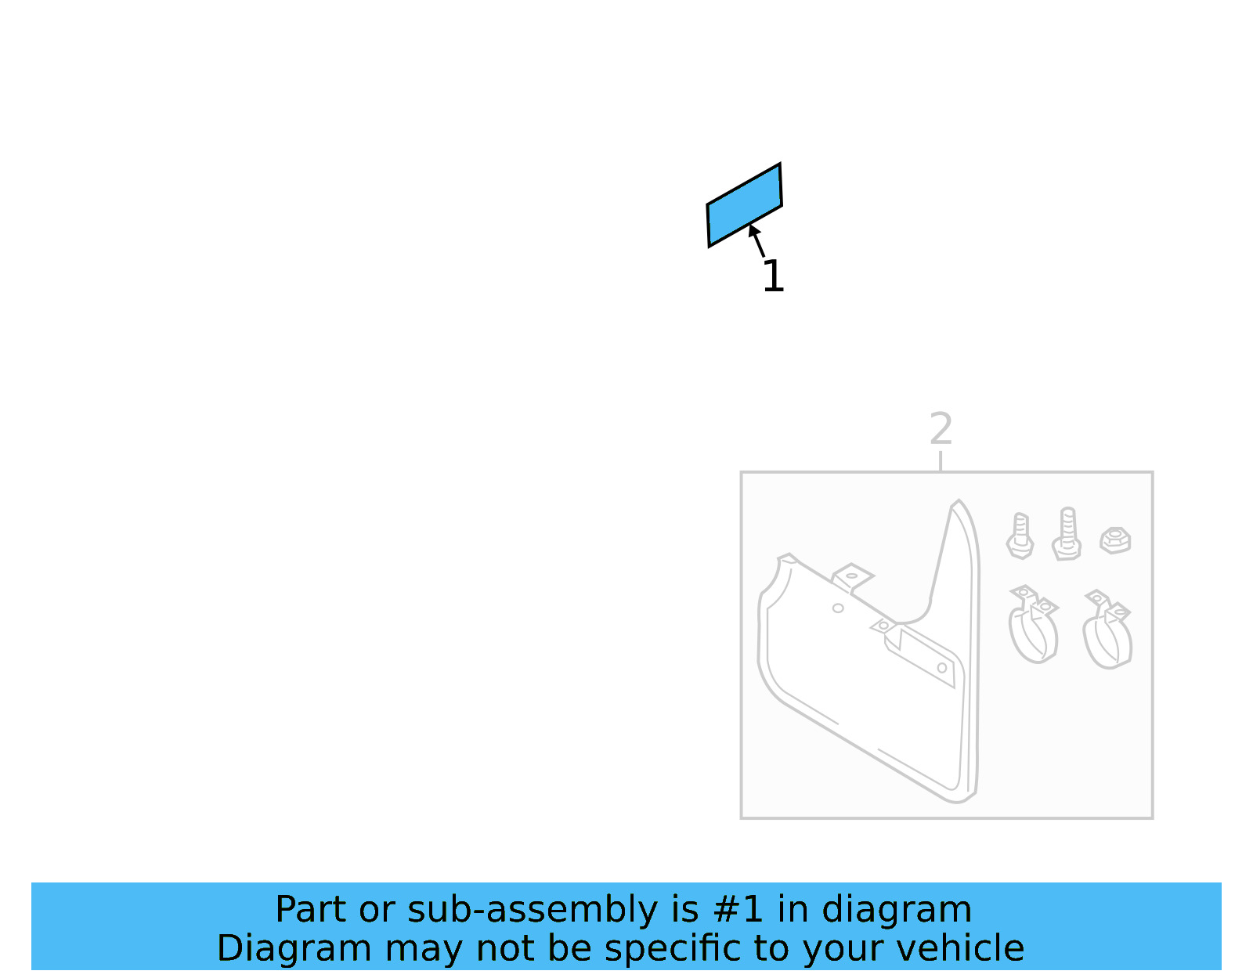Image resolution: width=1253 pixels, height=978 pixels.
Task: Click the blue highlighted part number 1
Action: point(745,205)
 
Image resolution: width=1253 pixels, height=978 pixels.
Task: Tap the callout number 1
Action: point(773,276)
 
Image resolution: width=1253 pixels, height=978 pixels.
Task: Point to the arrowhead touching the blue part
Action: point(753,230)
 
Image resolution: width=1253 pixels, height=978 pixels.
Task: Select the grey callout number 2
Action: point(941,429)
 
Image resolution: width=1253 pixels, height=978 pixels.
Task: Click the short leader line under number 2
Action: point(941,461)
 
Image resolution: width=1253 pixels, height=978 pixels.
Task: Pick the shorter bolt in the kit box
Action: point(1020,536)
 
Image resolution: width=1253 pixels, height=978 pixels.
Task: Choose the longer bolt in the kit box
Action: point(1067,534)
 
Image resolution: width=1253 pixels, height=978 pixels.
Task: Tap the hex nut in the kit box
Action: point(1115,540)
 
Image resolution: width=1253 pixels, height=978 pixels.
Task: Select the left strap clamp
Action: point(1033,624)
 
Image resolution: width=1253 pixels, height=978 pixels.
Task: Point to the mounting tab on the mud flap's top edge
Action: point(852,577)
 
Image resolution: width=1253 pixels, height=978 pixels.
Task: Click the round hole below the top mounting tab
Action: point(838,608)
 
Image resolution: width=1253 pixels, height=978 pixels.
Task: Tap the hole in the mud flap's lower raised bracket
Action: point(941,668)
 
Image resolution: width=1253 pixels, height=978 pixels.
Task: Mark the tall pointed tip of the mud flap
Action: point(959,500)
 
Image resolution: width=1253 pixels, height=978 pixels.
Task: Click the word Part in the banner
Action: point(311,910)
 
